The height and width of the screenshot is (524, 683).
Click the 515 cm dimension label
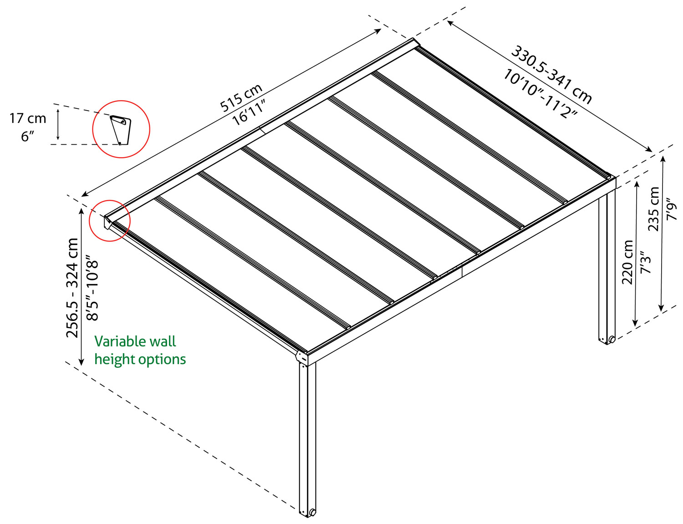(241, 97)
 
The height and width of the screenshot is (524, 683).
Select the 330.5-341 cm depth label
(551, 74)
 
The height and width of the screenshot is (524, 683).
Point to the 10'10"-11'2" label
(540, 94)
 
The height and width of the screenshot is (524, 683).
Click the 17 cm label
(28, 118)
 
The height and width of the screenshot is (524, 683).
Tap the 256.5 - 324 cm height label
(72, 288)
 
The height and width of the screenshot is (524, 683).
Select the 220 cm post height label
(628, 262)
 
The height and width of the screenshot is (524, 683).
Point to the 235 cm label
(654, 209)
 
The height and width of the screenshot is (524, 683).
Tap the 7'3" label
(646, 262)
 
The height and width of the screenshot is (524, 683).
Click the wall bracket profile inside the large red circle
(121, 129)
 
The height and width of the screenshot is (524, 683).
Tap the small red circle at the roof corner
(110, 221)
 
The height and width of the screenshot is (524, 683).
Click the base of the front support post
(307, 511)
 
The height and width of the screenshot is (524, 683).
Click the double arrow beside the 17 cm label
(58, 124)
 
